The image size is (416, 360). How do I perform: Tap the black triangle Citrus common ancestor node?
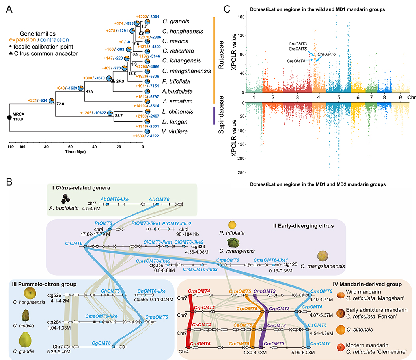pyautogui.click(x=113, y=81)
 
